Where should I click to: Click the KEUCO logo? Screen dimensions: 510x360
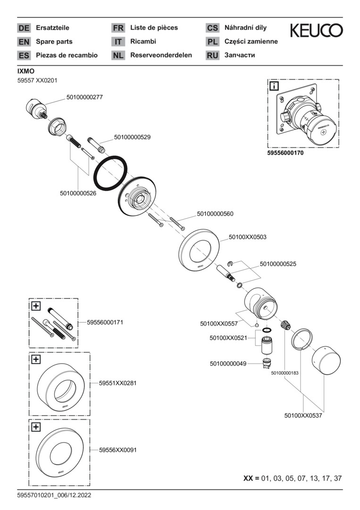[316, 31]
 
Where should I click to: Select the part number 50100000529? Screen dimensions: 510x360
[132, 137]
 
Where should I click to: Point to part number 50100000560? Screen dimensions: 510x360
[215, 214]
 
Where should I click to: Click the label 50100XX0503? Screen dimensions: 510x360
[247, 237]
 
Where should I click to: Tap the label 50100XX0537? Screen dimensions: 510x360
[303, 416]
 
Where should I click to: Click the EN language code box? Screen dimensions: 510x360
[24, 42]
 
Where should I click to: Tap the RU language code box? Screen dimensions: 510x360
[212, 55]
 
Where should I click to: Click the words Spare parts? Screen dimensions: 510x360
[54, 42]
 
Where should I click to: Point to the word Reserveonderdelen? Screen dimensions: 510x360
[161, 55]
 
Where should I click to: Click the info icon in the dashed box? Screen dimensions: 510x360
[274, 86]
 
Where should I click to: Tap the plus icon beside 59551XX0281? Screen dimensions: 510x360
[36, 359]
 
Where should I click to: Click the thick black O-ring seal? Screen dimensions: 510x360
[111, 173]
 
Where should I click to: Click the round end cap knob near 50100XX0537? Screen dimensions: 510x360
[324, 362]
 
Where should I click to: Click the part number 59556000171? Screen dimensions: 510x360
[105, 323]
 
